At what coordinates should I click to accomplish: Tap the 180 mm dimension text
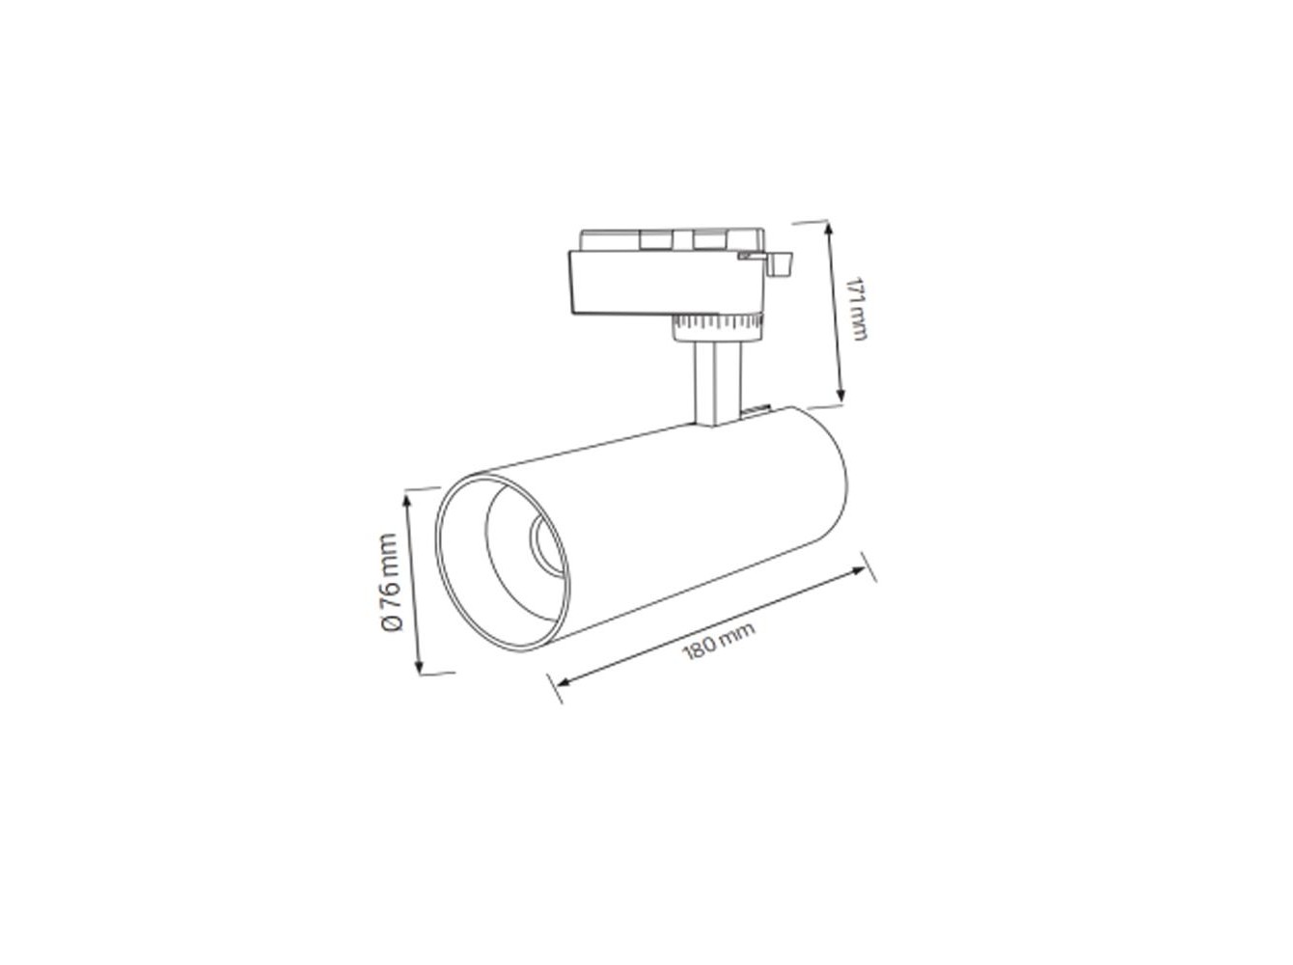pos(718,641)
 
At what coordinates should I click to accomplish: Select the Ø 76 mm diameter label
pos(391,582)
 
